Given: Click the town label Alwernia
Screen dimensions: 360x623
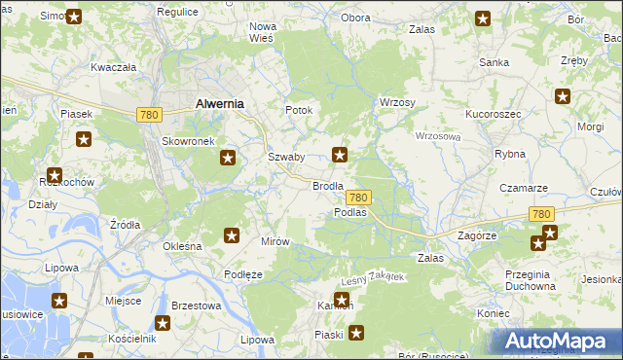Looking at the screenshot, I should [219, 102].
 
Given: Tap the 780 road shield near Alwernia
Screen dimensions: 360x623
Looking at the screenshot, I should [149, 115].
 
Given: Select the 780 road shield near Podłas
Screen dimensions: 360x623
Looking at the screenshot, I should [358, 197].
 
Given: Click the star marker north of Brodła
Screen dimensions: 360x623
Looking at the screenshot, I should [340, 153].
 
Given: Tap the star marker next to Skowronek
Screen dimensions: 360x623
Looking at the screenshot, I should [228, 158].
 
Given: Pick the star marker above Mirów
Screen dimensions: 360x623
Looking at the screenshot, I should [232, 234].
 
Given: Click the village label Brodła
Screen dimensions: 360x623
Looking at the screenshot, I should [327, 185].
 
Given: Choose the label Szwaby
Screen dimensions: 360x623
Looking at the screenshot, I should [286, 157].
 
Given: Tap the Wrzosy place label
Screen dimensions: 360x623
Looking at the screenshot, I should [397, 102].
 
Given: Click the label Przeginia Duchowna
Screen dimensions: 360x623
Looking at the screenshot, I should [531, 280].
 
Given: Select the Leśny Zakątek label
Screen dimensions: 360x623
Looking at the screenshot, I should [371, 278].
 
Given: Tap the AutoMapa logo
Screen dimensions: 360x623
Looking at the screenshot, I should [556, 341].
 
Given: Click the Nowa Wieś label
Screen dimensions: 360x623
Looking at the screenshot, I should [264, 32].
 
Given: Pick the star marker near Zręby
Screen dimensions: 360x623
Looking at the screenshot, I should [562, 95].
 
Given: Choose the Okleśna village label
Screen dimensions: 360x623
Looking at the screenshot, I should [182, 246].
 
